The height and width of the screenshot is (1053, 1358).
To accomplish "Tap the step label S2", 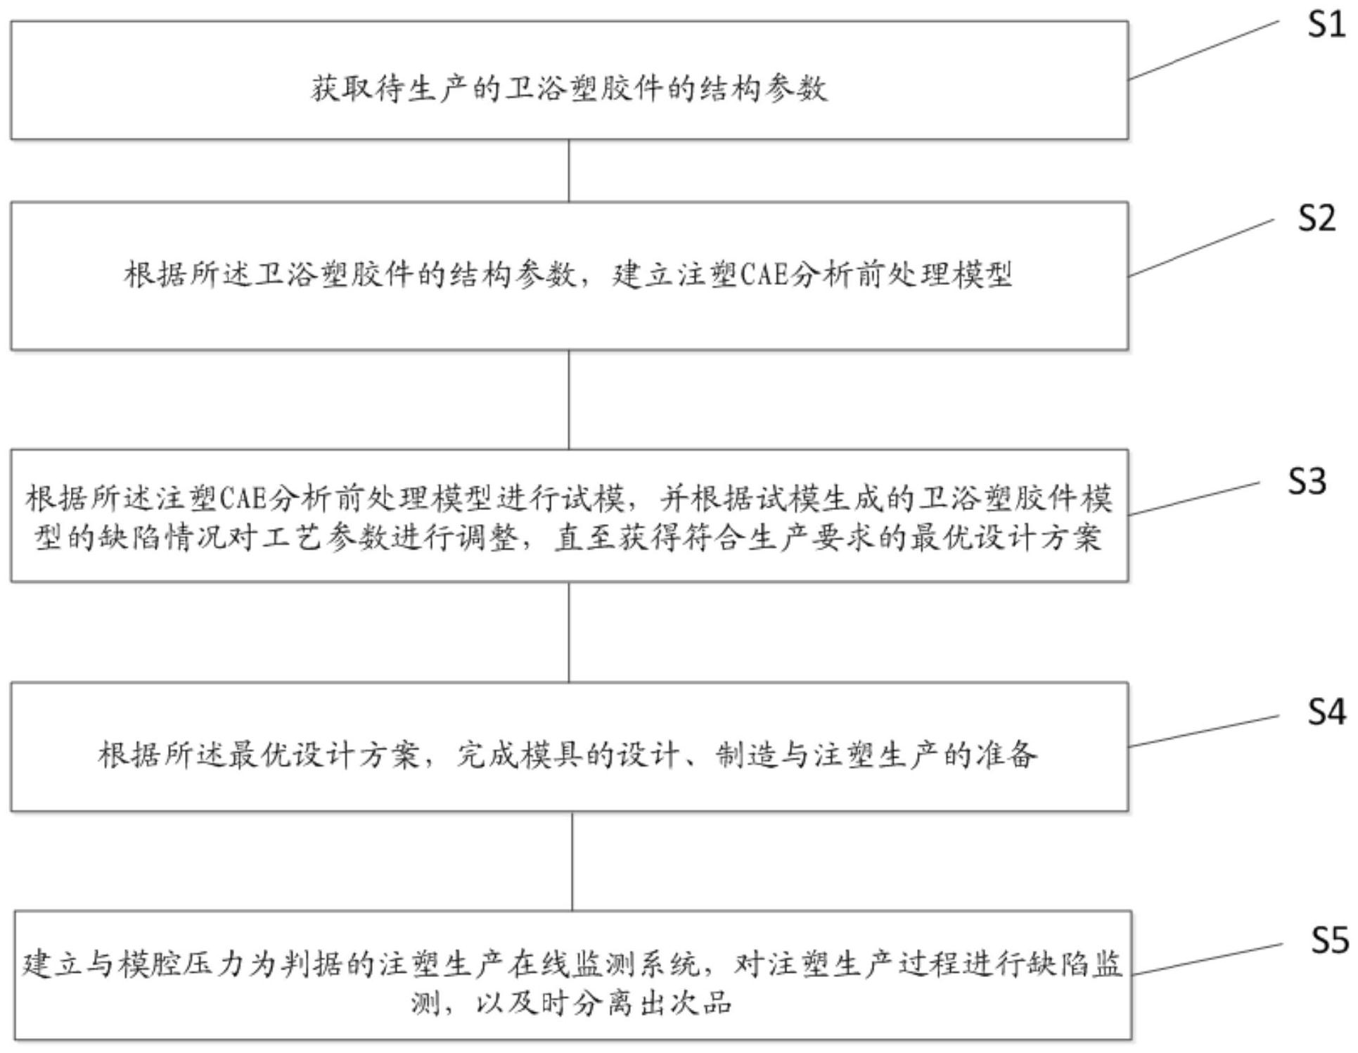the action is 1317,218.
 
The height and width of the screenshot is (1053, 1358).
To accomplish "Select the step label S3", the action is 1307,481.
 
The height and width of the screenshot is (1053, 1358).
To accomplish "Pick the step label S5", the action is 1330,940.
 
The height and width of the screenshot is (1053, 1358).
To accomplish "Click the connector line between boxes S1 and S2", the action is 569,171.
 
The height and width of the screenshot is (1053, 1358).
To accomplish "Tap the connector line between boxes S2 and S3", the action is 569,400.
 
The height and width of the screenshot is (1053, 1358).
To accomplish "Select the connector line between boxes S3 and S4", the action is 569,632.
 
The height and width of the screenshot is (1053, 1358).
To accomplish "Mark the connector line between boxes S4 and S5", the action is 572,861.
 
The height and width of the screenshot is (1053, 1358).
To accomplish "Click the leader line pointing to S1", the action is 1204,50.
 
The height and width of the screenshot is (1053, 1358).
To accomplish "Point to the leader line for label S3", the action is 1194,498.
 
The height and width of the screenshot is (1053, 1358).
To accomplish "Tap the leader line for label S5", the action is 1207,959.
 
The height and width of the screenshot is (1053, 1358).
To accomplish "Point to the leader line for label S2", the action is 1201,248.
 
